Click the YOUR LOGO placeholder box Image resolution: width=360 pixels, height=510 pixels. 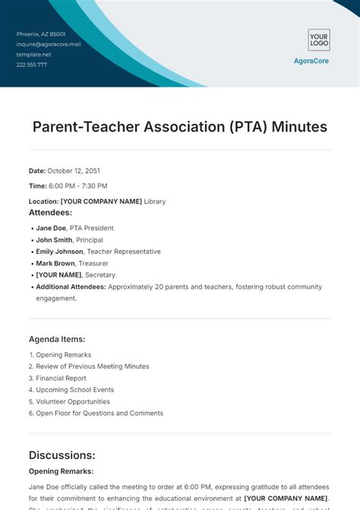pos(318,40)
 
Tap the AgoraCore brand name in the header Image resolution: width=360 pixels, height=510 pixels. pos(311,61)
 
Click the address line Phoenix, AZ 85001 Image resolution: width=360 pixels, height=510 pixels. pos(41,34)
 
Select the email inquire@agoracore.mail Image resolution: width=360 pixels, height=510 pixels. pos(49,44)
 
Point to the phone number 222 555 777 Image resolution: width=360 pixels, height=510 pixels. pos(32,65)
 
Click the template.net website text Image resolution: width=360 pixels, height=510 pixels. pos(34,55)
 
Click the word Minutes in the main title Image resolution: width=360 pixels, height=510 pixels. pos(297,127)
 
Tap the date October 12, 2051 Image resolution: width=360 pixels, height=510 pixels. pos(74,171)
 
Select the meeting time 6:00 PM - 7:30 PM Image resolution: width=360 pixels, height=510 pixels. pos(78,186)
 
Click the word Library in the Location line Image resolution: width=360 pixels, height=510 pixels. pos(155,201)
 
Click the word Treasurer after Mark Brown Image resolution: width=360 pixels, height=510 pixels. pos(94,263)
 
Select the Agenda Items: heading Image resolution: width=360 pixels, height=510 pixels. pos(57,339)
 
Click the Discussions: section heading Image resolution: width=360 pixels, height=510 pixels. pos(62,455)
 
